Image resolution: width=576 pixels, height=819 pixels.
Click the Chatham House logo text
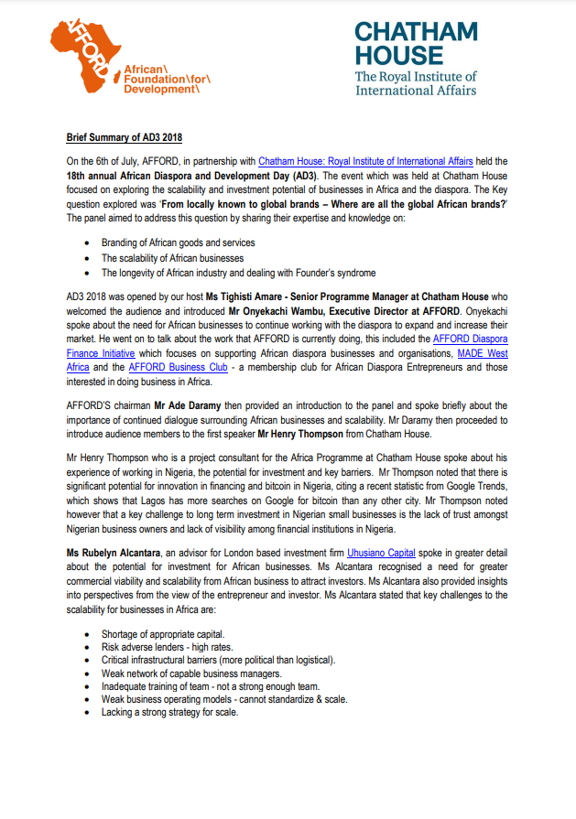point(416,43)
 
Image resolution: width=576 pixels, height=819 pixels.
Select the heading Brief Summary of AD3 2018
point(124,138)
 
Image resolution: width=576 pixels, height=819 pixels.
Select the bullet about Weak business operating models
point(224,699)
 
